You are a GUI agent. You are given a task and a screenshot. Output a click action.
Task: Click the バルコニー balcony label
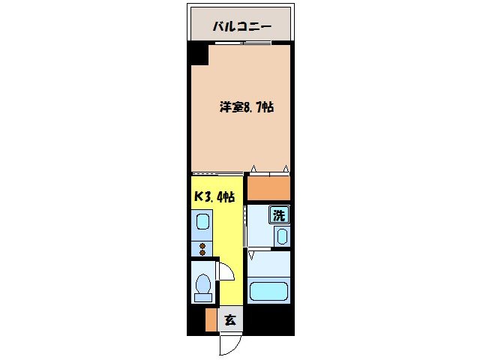click(x=240, y=27)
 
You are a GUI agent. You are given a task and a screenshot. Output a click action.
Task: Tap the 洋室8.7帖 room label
click(x=246, y=107)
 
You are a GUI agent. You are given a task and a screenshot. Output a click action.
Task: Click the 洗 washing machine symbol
click(x=279, y=215)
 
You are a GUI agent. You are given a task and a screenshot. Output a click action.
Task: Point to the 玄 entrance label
click(x=230, y=319)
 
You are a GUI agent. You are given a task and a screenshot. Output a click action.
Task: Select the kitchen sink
click(x=202, y=222)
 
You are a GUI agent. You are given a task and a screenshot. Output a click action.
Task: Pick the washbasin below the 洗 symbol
click(x=280, y=237)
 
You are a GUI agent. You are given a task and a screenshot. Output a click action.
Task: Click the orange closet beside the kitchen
click(x=268, y=188)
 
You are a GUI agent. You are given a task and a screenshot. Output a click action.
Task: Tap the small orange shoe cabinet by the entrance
click(x=211, y=320)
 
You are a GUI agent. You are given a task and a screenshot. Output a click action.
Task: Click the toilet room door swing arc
click(x=224, y=270)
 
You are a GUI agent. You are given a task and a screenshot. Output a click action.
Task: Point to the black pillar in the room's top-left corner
click(x=198, y=55)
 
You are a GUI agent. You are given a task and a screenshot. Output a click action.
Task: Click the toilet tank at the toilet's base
click(x=202, y=298)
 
